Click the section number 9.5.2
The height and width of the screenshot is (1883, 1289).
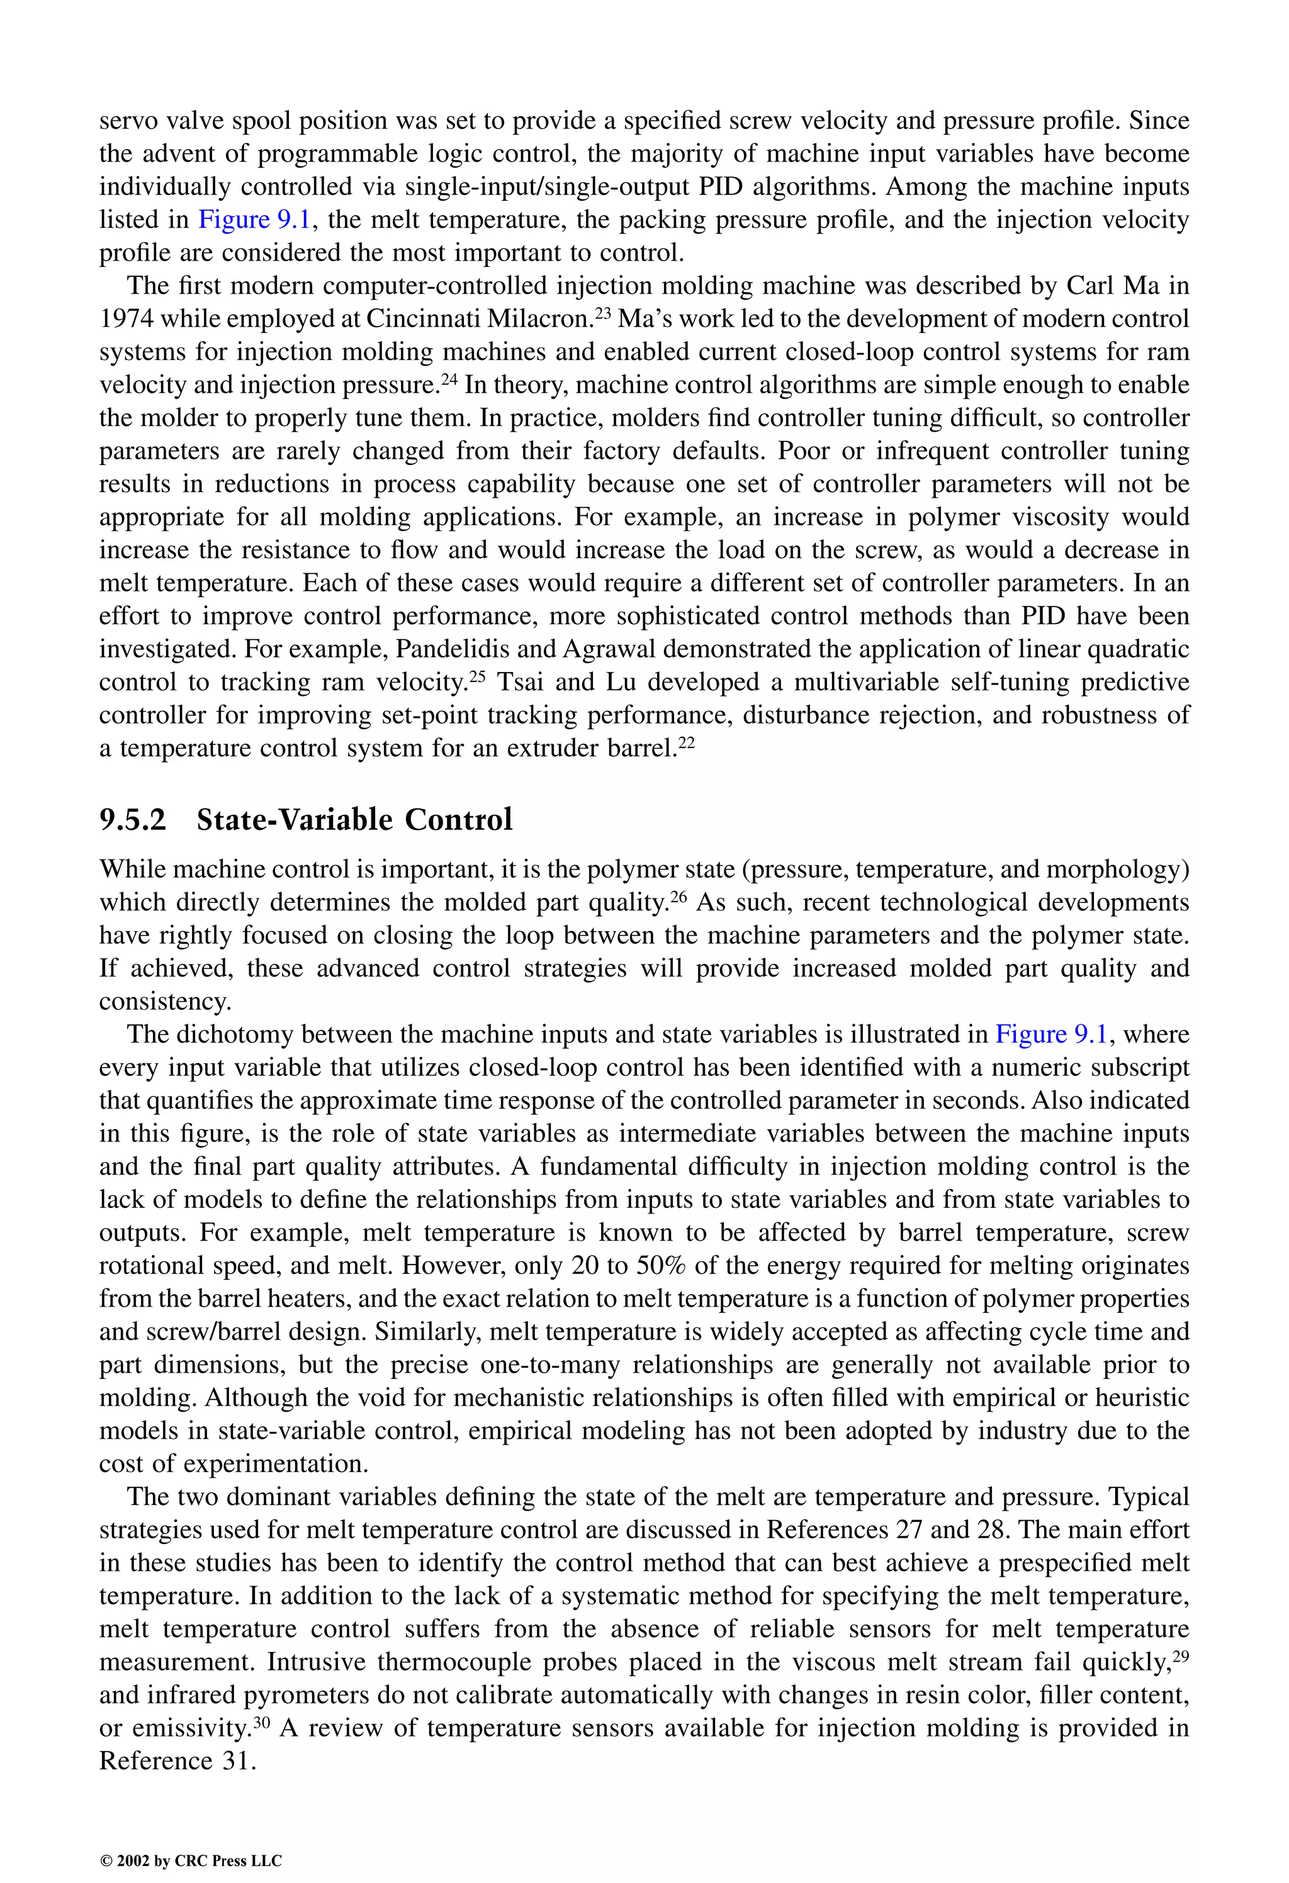click(x=132, y=820)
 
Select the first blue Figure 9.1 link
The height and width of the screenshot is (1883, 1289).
click(x=254, y=220)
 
